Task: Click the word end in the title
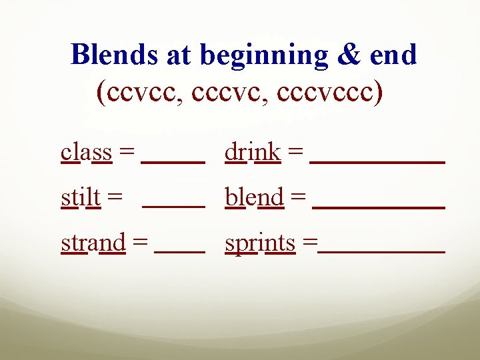[x=394, y=55]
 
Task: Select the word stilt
[x=81, y=197]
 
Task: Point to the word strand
[x=93, y=243]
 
